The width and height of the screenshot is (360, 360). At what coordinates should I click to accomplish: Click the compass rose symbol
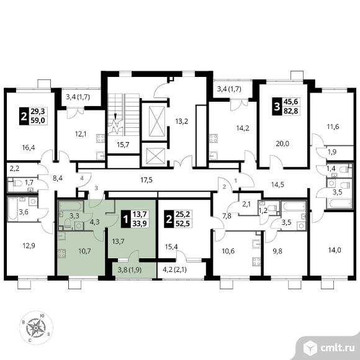(36, 328)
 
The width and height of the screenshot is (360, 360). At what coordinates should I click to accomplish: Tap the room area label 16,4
(29, 147)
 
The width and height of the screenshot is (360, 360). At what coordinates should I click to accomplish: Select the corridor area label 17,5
(146, 180)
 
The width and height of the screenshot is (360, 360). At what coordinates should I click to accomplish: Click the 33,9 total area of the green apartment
(140, 223)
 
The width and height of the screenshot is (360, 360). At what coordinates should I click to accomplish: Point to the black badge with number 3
(277, 106)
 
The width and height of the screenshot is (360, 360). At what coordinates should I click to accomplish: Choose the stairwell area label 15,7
(123, 145)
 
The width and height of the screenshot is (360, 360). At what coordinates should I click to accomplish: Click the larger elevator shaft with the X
(157, 122)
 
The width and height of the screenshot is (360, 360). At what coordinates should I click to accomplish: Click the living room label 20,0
(282, 144)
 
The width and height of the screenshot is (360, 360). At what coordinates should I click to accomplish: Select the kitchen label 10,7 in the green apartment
(84, 251)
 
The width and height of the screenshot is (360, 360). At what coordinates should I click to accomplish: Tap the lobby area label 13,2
(182, 121)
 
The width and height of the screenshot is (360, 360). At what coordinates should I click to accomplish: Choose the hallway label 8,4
(58, 178)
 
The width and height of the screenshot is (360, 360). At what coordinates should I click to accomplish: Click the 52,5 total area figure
(182, 223)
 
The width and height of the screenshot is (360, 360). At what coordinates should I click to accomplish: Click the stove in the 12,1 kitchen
(101, 138)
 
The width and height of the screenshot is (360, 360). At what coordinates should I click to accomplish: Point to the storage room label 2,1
(246, 204)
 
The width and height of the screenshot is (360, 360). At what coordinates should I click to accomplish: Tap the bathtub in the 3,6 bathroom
(13, 209)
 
